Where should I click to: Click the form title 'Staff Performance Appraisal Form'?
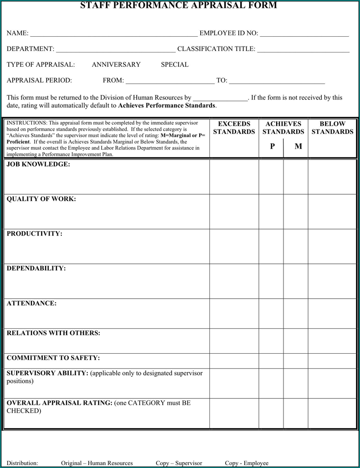click(x=179, y=5)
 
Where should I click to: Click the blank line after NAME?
click(x=114, y=34)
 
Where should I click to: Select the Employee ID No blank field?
click(x=304, y=34)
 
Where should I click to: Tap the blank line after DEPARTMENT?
click(x=116, y=50)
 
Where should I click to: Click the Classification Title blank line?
click(x=303, y=50)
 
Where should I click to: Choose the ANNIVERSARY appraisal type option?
click(x=116, y=65)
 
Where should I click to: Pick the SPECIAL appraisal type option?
click(x=175, y=65)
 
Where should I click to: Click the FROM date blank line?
click(x=170, y=81)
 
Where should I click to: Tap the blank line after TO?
click(x=277, y=81)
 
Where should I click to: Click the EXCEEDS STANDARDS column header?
click(x=234, y=128)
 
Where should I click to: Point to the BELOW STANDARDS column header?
click(x=332, y=128)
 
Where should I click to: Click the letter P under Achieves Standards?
click(x=272, y=146)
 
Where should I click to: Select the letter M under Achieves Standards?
click(x=298, y=146)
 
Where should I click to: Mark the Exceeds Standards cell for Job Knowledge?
click(x=234, y=177)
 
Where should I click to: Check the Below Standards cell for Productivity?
click(x=332, y=246)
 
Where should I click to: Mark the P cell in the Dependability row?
click(x=271, y=281)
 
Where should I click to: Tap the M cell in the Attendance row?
click(x=296, y=313)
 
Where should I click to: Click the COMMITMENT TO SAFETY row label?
click(x=53, y=358)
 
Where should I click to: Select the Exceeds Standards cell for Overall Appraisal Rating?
click(x=234, y=414)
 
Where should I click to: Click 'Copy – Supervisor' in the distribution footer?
click(x=179, y=463)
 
